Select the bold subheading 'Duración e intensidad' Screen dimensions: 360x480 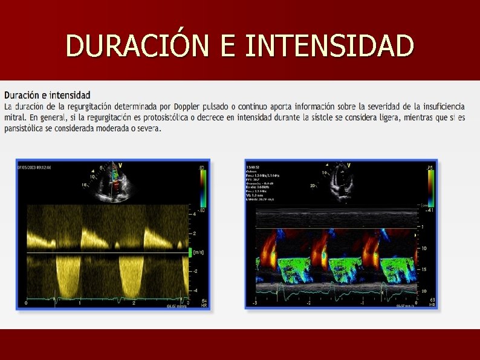47,95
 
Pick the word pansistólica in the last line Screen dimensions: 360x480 27,128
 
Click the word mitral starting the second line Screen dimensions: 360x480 14,117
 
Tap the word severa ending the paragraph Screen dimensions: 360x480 149,128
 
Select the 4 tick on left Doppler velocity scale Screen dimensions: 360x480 193,214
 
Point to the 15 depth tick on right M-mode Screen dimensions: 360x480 425,269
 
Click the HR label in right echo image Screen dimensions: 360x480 432,304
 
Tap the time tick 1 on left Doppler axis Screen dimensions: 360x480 79,303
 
